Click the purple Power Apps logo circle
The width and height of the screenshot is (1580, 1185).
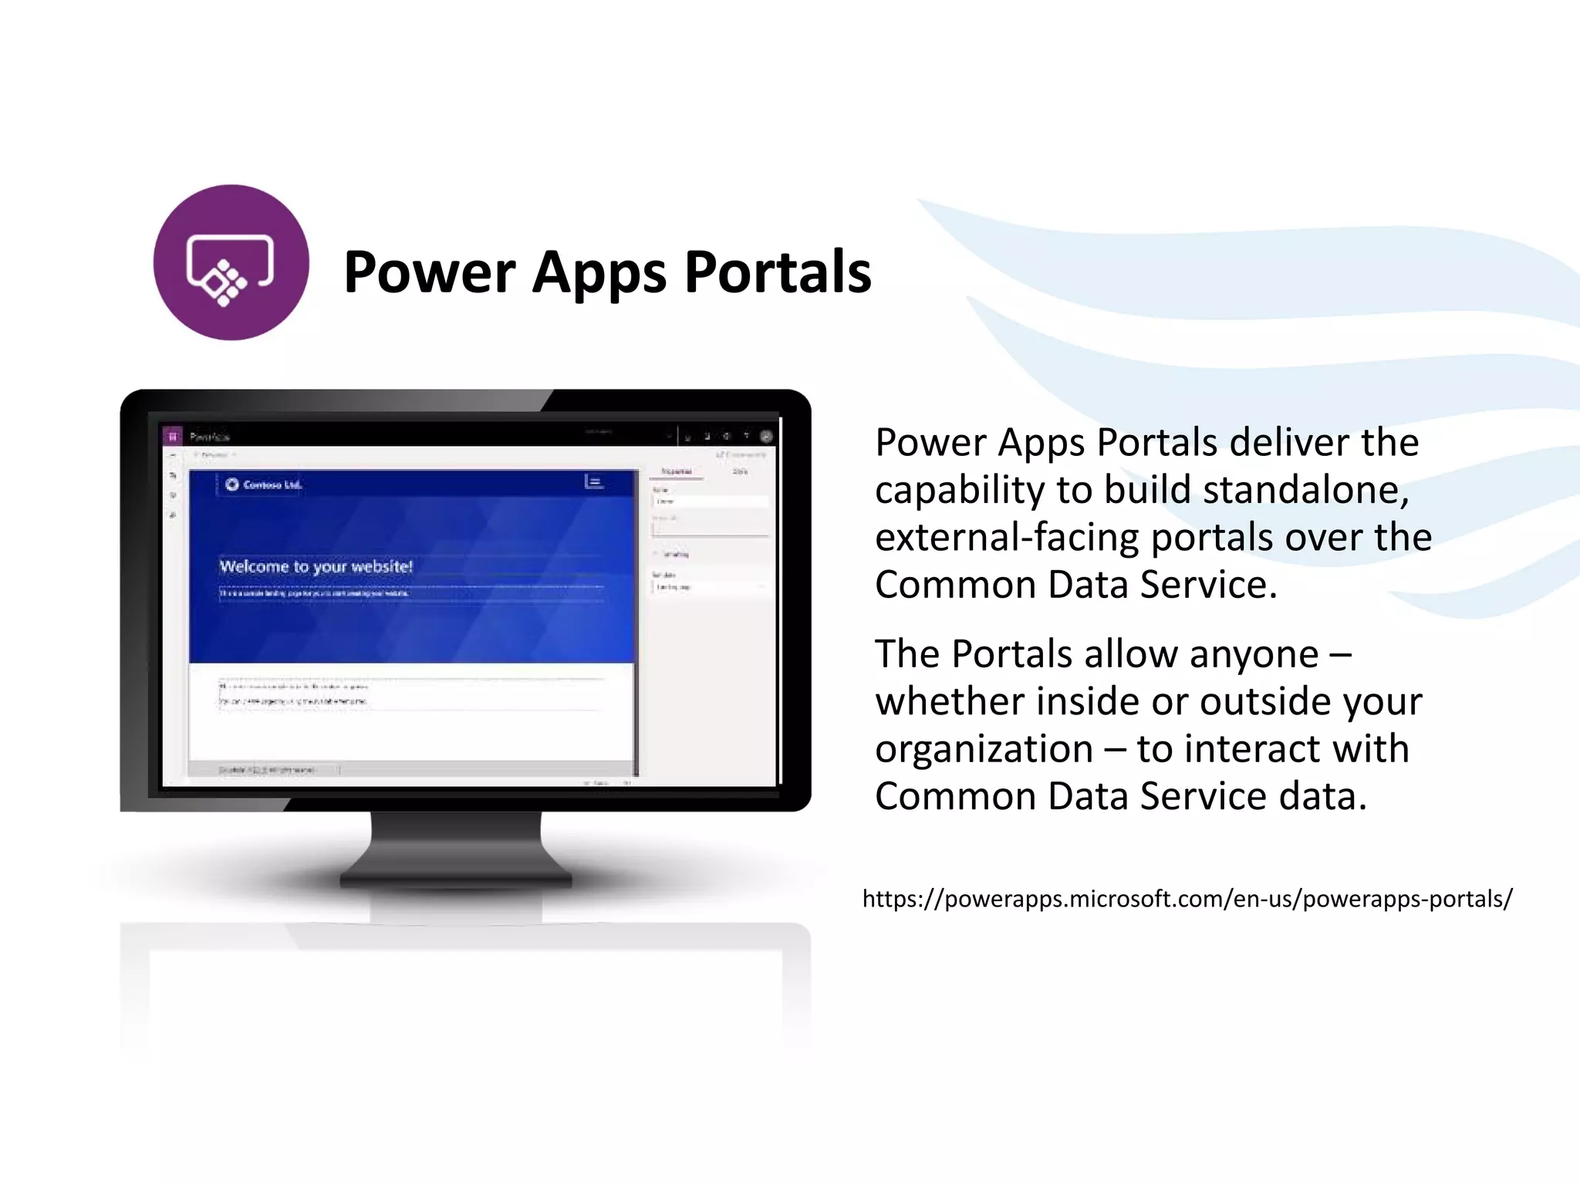point(231,262)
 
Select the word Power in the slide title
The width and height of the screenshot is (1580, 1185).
point(430,272)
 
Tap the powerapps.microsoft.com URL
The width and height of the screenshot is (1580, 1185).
point(1187,899)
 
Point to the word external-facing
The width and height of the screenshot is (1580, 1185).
point(1006,538)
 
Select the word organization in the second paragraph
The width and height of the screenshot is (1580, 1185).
point(984,749)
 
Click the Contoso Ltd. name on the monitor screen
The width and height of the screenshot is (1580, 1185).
point(272,484)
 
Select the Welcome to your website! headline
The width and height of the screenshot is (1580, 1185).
point(316,566)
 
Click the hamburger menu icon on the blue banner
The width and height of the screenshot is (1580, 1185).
point(593,482)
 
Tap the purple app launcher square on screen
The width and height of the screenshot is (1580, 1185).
point(173,437)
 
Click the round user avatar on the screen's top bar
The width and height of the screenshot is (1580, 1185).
point(766,436)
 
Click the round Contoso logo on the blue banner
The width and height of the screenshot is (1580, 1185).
point(232,484)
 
